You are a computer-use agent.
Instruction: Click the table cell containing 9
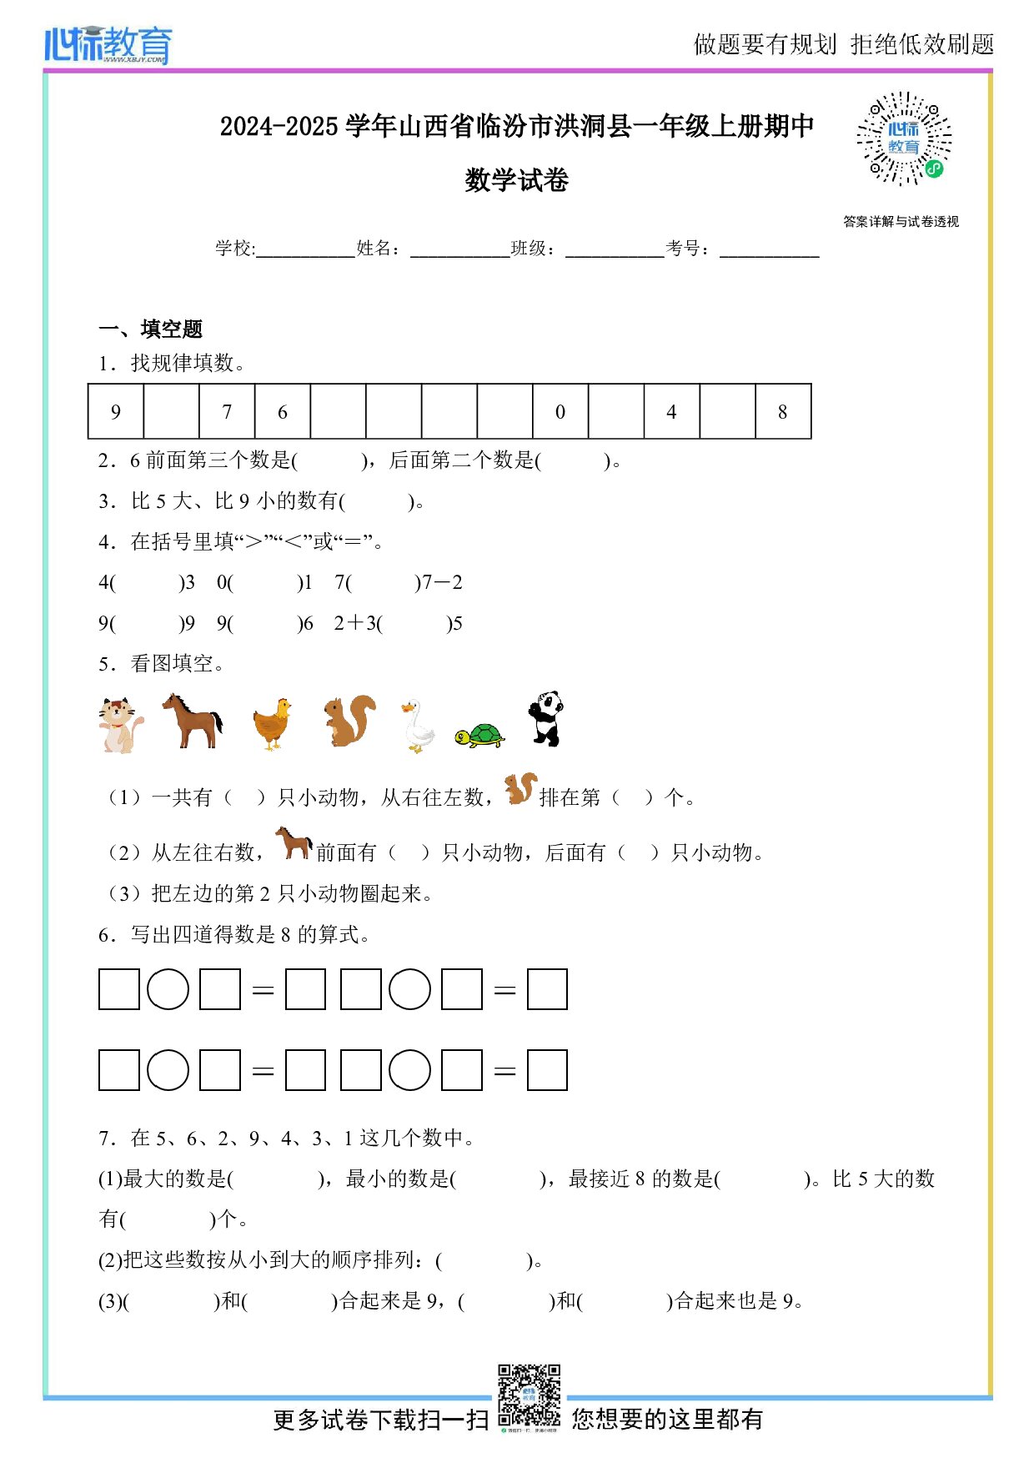(116, 411)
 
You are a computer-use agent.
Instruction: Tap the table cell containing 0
(560, 411)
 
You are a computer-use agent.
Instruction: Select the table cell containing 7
(227, 411)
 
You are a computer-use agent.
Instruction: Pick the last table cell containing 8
(782, 411)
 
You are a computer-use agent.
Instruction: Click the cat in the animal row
(119, 725)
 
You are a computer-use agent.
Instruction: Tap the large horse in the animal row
(193, 721)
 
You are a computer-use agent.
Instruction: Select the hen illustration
(273, 724)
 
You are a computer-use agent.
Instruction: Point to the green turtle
(479, 735)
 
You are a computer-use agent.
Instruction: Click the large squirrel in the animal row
(349, 721)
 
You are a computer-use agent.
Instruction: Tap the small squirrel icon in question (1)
(520, 788)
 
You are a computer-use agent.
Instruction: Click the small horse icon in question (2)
(294, 842)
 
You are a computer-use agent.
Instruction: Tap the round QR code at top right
(904, 138)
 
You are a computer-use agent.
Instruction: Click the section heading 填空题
(171, 329)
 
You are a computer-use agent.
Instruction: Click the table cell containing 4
(671, 411)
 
